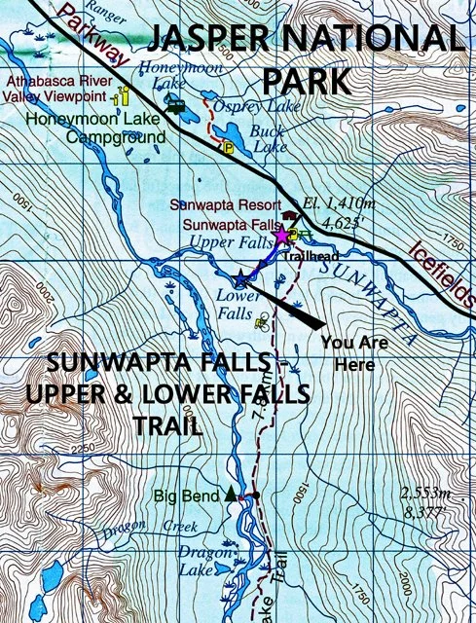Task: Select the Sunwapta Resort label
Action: coord(222,205)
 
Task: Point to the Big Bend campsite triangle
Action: coord(231,494)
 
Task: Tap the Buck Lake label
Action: coord(265,138)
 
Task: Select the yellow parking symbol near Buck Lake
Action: coord(229,148)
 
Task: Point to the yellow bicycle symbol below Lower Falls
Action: coord(261,321)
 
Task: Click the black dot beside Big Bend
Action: coord(255,495)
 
